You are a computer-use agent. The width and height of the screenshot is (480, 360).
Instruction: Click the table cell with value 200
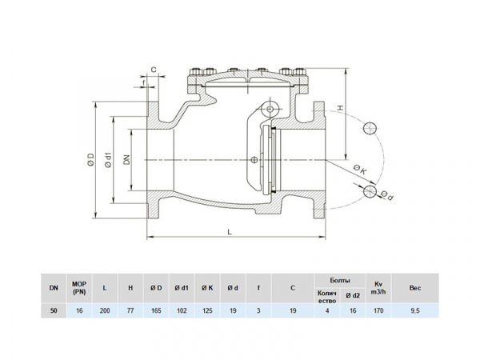[105, 310]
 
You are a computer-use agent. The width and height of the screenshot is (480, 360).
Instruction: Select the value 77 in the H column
[130, 310]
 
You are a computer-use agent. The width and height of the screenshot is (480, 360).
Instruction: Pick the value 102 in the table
[182, 310]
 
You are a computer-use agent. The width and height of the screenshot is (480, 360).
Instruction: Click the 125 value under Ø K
[207, 310]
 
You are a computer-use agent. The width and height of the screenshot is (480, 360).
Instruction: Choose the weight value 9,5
[414, 310]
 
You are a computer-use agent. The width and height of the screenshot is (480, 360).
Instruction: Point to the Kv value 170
[378, 310]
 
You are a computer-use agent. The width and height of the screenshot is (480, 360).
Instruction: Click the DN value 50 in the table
[54, 310]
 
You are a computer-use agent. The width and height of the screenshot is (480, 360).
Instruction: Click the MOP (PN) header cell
[78, 286]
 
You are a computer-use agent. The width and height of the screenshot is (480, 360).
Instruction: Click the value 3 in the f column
[258, 310]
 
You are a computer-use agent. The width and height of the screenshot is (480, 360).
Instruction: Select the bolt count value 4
[326, 310]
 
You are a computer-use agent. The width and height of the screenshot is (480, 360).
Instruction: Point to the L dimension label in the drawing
[230, 231]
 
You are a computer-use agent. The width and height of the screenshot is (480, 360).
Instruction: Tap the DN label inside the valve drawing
[126, 159]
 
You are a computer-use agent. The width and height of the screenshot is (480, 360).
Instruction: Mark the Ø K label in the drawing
[358, 170]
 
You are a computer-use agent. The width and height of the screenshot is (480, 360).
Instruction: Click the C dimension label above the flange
[153, 70]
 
